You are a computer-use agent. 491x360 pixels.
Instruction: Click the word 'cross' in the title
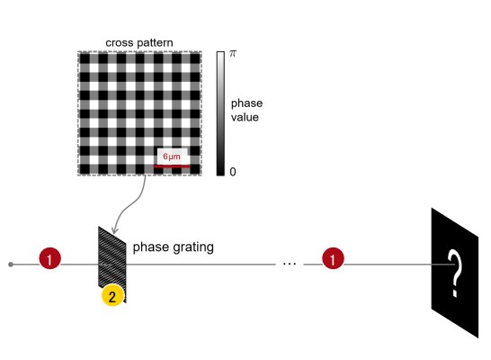[x=117, y=43]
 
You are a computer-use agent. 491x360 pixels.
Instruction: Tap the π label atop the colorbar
[x=233, y=54]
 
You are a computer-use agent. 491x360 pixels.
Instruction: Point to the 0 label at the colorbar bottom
[x=233, y=172]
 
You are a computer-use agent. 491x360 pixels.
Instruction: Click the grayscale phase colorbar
[x=220, y=113]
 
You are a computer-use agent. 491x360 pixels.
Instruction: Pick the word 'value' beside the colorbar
[x=245, y=118]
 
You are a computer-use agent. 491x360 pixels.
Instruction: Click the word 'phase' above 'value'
[x=246, y=103]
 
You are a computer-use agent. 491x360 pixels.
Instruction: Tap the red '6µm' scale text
[x=172, y=157]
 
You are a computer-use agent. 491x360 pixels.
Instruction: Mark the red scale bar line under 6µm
[x=172, y=166]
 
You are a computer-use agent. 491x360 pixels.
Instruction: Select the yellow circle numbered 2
[x=112, y=295]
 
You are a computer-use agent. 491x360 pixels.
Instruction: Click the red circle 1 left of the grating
[x=49, y=258]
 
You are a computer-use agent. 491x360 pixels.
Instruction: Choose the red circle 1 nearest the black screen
[x=333, y=258]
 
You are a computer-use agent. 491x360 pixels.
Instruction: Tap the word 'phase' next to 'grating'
[x=151, y=247]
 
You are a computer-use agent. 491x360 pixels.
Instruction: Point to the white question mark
[x=454, y=273]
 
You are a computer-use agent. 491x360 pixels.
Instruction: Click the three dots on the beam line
[x=290, y=264]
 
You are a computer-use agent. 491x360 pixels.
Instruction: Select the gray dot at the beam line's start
[x=11, y=265]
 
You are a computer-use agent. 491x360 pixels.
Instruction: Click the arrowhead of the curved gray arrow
[x=114, y=230]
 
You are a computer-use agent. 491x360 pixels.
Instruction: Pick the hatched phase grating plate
[x=112, y=264]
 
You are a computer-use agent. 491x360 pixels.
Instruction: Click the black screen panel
[x=455, y=273]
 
